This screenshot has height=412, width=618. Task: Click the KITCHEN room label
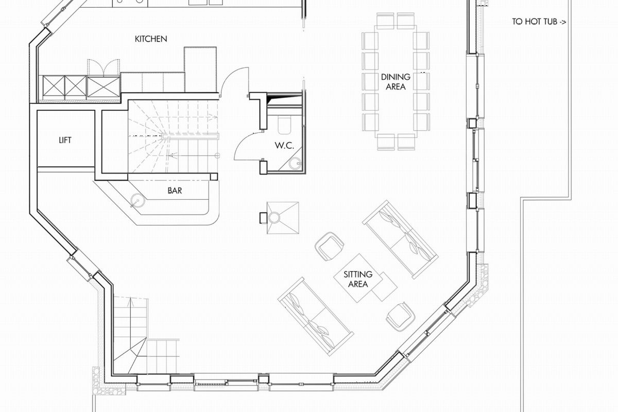click(151, 39)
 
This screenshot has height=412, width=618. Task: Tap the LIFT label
click(65, 140)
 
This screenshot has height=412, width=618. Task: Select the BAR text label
click(175, 191)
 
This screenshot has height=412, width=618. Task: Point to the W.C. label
click(284, 145)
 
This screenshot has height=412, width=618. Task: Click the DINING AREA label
click(396, 82)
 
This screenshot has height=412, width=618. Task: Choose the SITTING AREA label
click(358, 279)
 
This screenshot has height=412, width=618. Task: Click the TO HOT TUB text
click(535, 22)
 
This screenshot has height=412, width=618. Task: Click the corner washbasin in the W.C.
click(296, 163)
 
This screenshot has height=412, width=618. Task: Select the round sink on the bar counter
click(138, 200)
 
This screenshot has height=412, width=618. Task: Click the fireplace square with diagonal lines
click(283, 218)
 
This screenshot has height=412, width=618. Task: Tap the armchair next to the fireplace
click(330, 246)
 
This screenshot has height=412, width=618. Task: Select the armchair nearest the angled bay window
click(401, 317)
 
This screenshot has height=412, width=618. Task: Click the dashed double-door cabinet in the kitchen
click(104, 68)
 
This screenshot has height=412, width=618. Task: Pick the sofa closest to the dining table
click(400, 239)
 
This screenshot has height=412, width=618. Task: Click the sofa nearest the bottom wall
click(316, 317)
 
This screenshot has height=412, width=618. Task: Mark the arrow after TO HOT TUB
click(562, 22)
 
